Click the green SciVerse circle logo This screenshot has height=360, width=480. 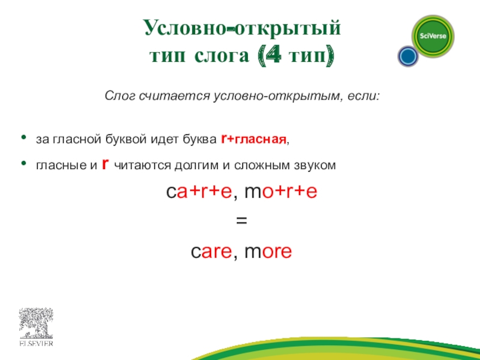[432, 35]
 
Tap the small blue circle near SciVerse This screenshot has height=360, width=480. [408, 57]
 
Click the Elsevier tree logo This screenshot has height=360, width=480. [37, 324]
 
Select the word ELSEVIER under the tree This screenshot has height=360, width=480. [37, 344]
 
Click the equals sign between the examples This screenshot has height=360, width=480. [241, 222]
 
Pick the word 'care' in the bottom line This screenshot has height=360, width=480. [211, 252]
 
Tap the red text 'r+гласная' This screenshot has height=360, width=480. [254, 140]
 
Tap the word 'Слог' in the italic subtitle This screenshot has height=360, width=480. [118, 97]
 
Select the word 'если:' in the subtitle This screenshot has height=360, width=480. [363, 97]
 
